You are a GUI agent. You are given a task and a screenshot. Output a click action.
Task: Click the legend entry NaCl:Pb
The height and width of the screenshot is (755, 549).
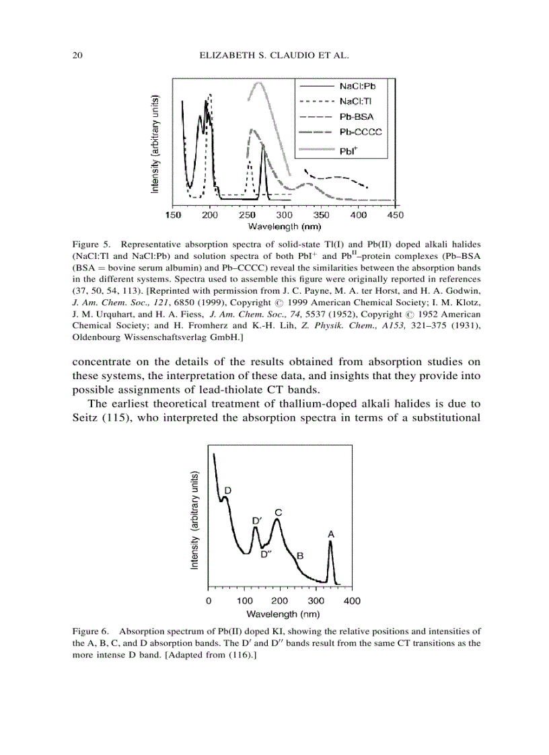click(357, 87)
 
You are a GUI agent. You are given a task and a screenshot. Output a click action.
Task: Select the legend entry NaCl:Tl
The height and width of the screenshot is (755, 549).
click(357, 102)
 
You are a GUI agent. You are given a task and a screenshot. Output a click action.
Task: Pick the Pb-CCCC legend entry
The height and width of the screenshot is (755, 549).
click(360, 132)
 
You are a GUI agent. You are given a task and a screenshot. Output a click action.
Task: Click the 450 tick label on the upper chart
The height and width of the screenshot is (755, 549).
click(396, 215)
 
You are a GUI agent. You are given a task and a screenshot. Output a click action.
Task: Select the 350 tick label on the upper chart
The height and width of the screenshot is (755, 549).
click(322, 215)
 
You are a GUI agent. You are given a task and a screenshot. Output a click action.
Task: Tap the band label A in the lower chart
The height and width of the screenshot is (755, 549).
click(331, 534)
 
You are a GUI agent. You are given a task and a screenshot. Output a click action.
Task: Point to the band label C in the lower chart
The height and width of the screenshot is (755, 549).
click(278, 512)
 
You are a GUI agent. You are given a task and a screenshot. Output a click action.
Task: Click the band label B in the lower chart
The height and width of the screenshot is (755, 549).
click(300, 556)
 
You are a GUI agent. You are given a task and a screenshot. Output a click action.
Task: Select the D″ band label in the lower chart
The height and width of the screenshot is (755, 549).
click(266, 555)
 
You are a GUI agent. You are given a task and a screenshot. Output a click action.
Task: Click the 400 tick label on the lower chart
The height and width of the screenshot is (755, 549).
click(352, 601)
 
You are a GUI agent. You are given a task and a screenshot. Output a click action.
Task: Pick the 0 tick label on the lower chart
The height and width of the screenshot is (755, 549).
click(209, 601)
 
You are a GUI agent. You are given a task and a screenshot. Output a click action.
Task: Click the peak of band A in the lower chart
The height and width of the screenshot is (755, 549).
click(330, 542)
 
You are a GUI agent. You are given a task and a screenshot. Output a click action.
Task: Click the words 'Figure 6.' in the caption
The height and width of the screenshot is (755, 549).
click(90, 631)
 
